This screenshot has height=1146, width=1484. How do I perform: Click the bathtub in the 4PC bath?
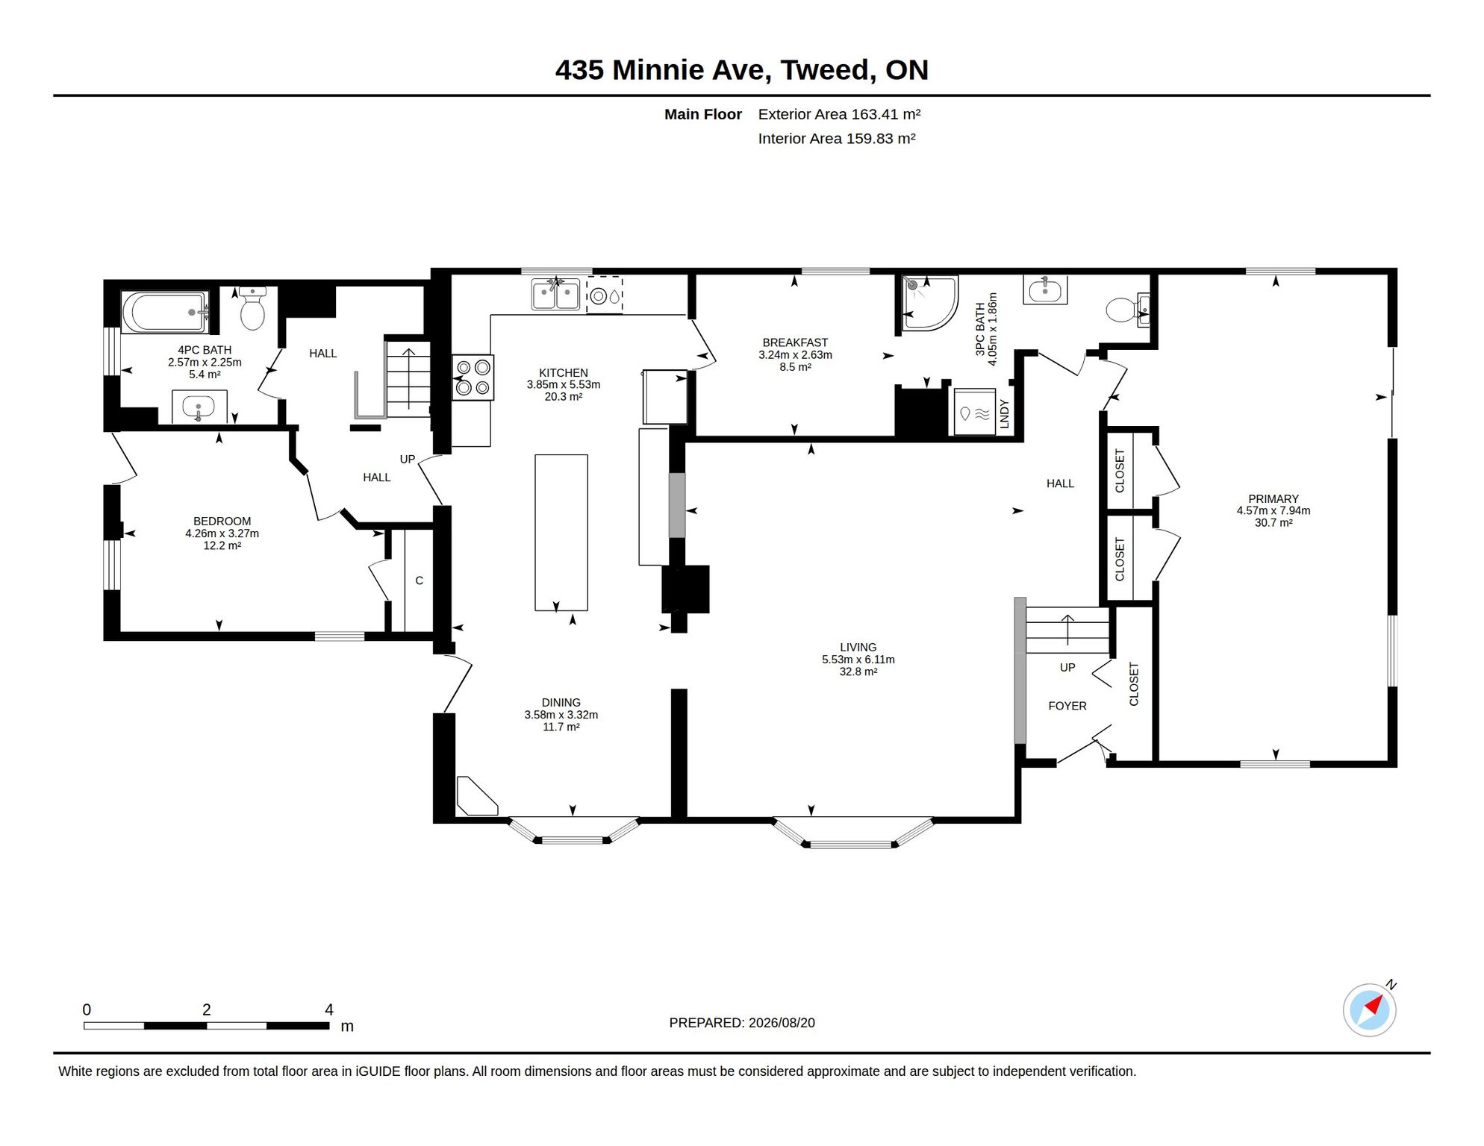[x=165, y=312]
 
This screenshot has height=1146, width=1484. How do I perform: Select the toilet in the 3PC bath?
[x=1126, y=310]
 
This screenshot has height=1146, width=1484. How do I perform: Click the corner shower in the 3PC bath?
[x=929, y=304]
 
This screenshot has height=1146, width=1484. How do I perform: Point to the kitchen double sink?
[x=555, y=294]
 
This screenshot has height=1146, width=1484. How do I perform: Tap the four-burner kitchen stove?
[x=473, y=378]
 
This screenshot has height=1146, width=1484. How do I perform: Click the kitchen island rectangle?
[x=561, y=533]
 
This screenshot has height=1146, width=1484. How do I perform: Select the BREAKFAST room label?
[x=795, y=342]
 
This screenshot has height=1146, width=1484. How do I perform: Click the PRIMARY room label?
[x=1273, y=498]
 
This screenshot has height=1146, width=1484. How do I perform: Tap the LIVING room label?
[x=858, y=647]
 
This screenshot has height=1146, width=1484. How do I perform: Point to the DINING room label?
[x=561, y=702]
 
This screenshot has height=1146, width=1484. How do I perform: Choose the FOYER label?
[x=1067, y=706]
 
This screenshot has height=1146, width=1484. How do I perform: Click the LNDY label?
[x=1004, y=414]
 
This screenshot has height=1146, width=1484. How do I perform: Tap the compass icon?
[x=1370, y=1010]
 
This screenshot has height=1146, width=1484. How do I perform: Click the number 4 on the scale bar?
[x=329, y=1009]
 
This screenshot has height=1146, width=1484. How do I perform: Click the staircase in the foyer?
[x=1067, y=630]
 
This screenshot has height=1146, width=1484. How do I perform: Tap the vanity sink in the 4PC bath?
[x=199, y=407]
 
